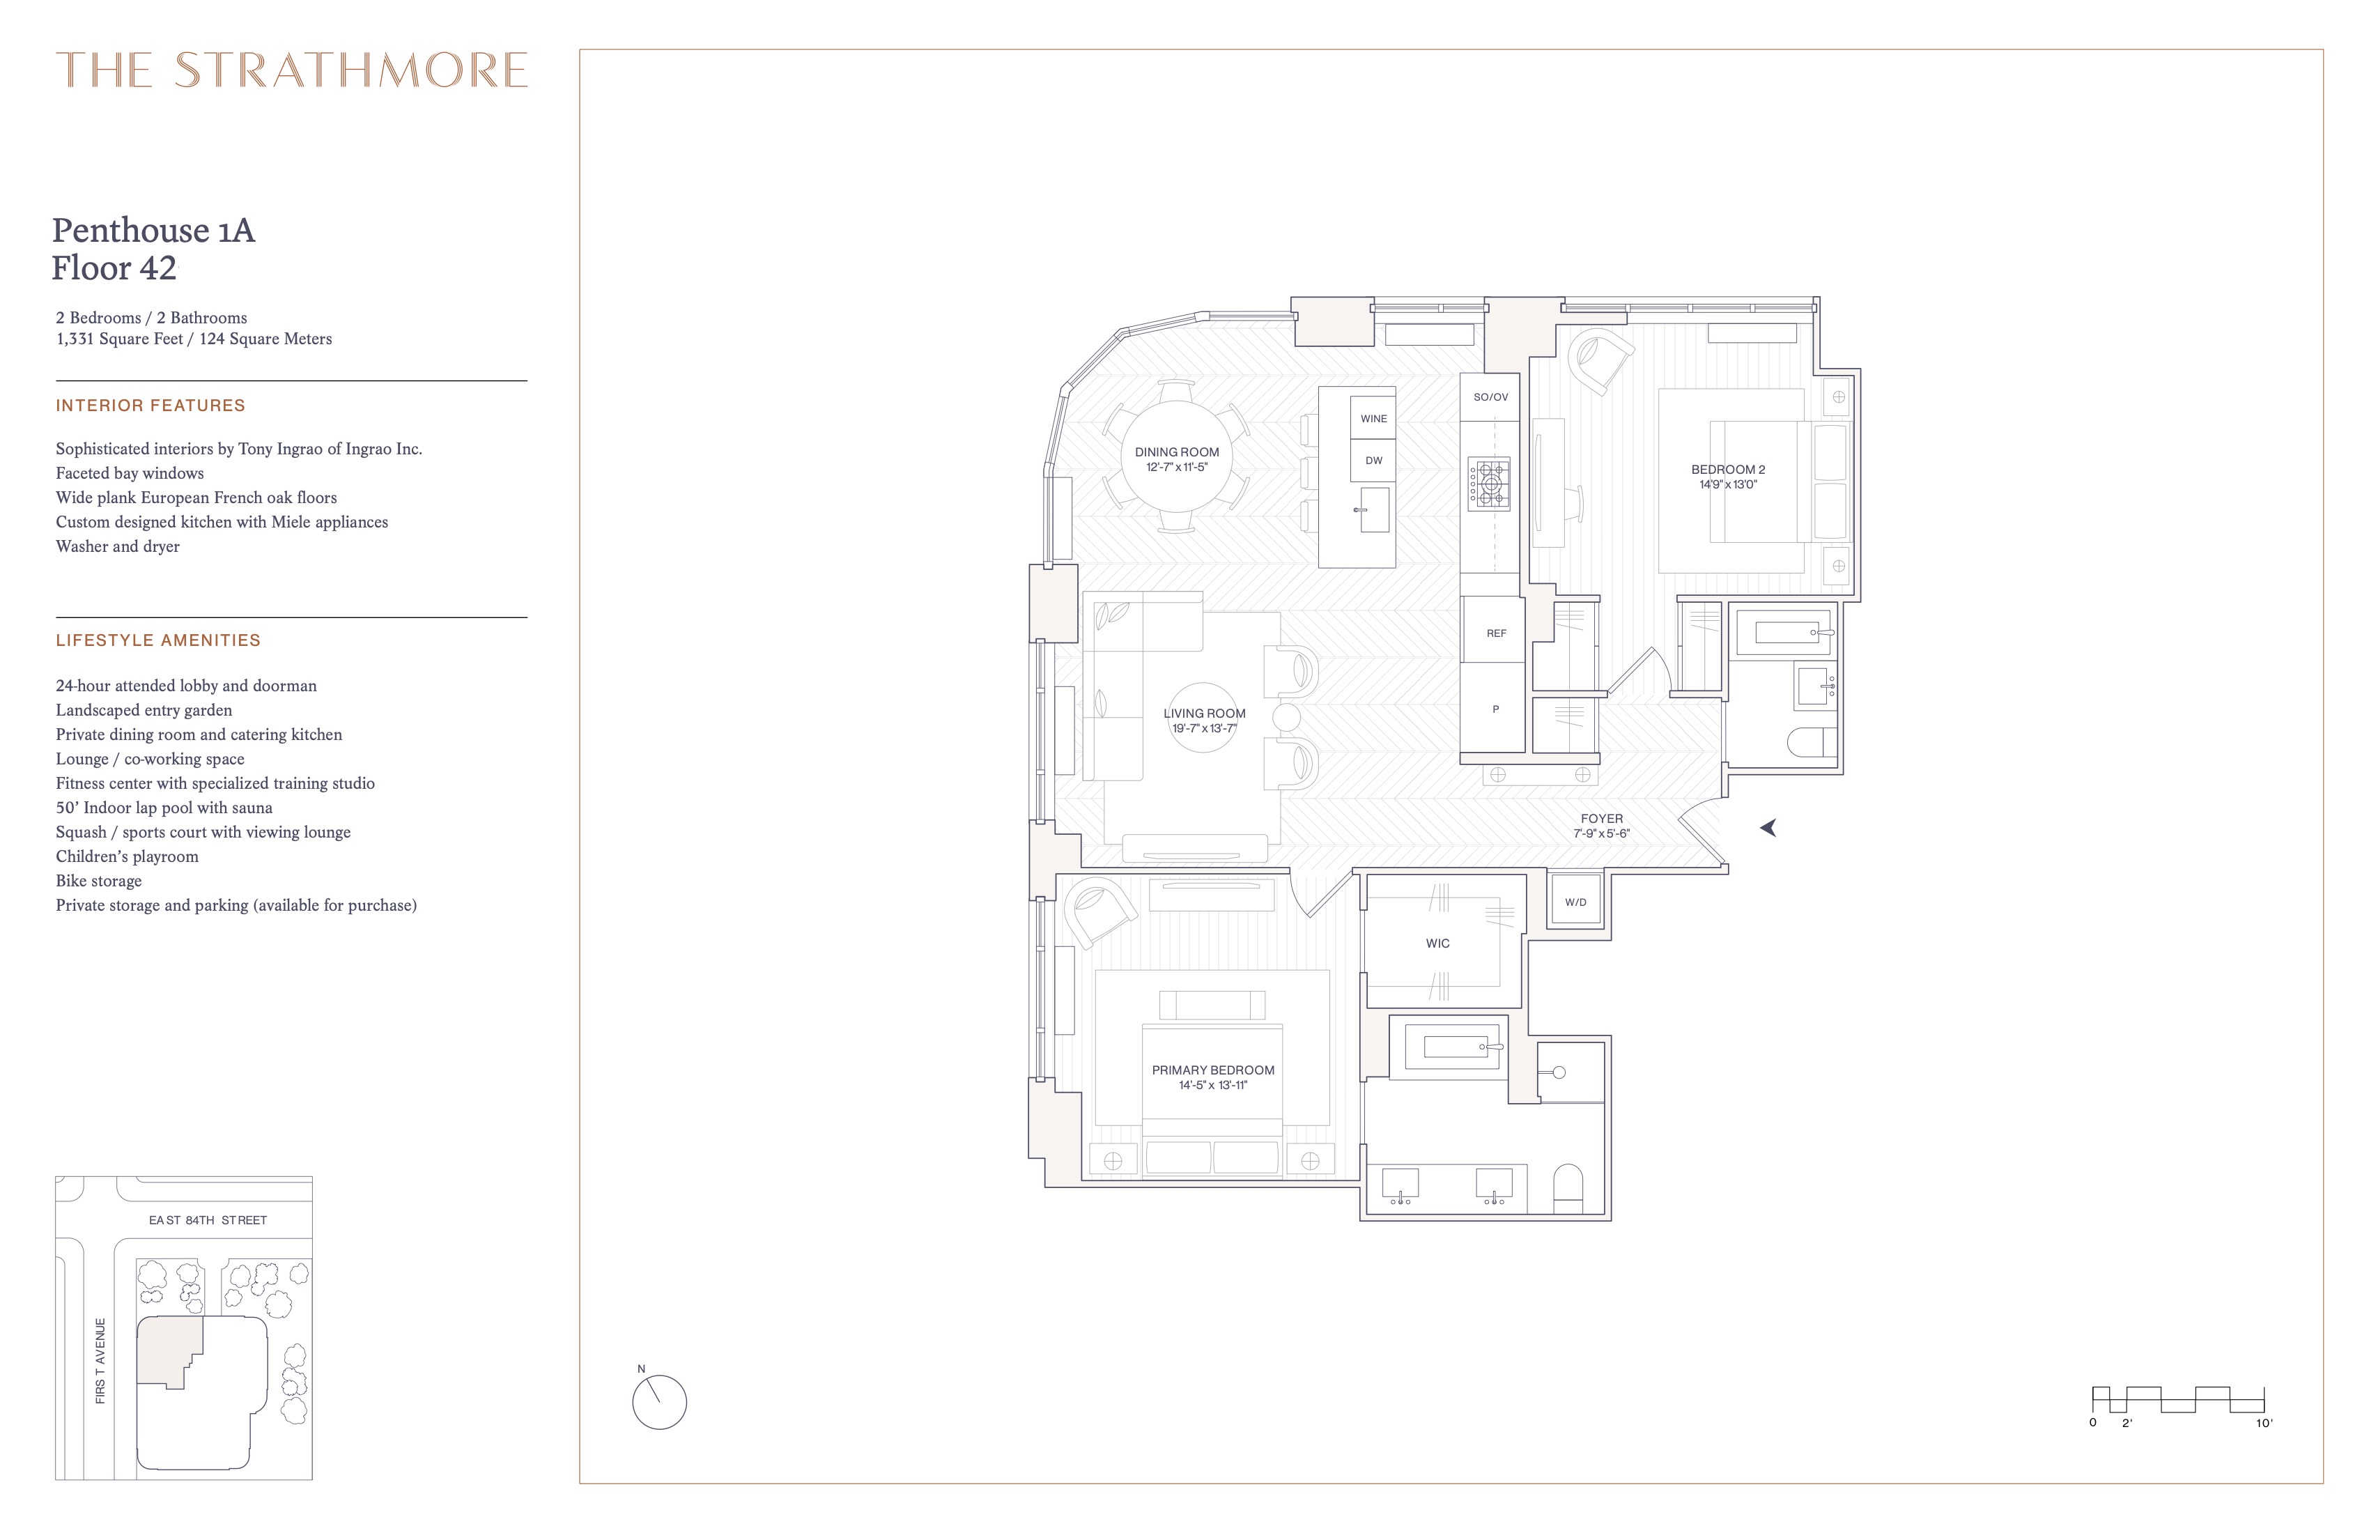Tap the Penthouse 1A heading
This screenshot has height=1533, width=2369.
(x=153, y=231)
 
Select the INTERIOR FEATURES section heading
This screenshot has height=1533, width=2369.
(x=151, y=405)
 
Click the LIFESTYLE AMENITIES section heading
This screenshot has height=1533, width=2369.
(x=158, y=640)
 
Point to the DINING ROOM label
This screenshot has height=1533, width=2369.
(x=1177, y=452)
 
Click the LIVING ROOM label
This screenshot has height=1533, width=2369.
(x=1205, y=714)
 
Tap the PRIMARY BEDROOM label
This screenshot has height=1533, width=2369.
(x=1212, y=1070)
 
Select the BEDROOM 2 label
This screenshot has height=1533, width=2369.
(x=1728, y=470)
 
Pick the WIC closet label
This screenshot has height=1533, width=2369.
(x=1437, y=943)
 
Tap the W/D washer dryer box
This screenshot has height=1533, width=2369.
(x=1575, y=902)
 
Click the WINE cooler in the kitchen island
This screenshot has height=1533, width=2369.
(x=1373, y=419)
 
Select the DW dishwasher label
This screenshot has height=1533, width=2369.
(x=1373, y=461)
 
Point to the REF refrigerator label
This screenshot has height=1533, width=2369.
(x=1496, y=633)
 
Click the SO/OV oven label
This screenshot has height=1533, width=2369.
(x=1490, y=397)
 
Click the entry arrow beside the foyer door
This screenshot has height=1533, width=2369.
(x=1768, y=827)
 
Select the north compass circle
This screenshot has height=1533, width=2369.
(x=659, y=1403)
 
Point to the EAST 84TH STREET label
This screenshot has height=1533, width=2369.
(x=208, y=1220)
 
